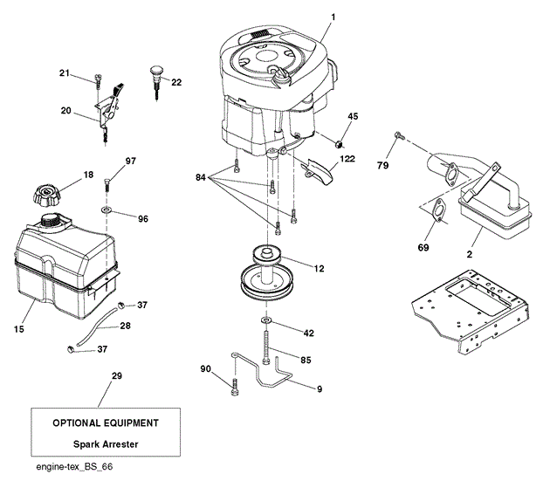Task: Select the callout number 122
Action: [347, 159]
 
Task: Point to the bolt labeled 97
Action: [107, 185]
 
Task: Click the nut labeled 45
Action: [339, 143]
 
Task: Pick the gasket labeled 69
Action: [438, 210]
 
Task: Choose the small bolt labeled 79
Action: [399, 135]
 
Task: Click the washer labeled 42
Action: [266, 320]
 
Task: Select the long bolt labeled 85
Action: [266, 347]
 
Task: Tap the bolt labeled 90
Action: [235, 388]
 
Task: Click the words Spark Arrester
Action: [106, 444]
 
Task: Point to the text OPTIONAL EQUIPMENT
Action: [106, 423]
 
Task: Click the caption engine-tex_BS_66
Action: [74, 467]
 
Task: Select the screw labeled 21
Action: [98, 80]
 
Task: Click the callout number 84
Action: [200, 177]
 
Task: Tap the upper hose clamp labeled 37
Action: [121, 305]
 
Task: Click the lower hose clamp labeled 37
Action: [70, 349]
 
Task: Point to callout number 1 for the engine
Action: [333, 17]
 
